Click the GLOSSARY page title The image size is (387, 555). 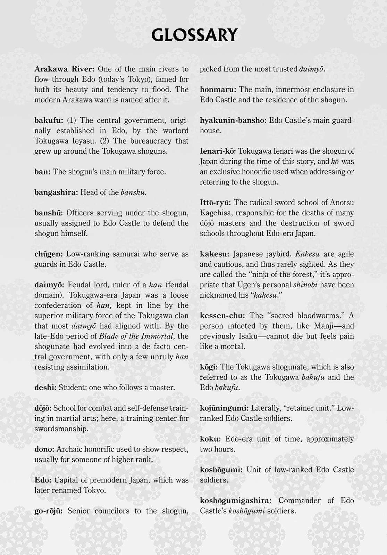[194, 35]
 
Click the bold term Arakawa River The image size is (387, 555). [64, 69]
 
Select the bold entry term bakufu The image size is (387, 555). [49, 120]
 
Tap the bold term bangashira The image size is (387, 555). [56, 192]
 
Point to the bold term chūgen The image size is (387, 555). [48, 254]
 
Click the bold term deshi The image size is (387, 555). [45, 387]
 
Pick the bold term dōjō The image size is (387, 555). [43, 408]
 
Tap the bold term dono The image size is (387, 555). [44, 449]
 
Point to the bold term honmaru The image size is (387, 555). [218, 89]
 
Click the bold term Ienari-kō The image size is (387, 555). [218, 151]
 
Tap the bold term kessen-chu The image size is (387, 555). [222, 316]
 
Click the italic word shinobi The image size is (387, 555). [304, 285]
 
